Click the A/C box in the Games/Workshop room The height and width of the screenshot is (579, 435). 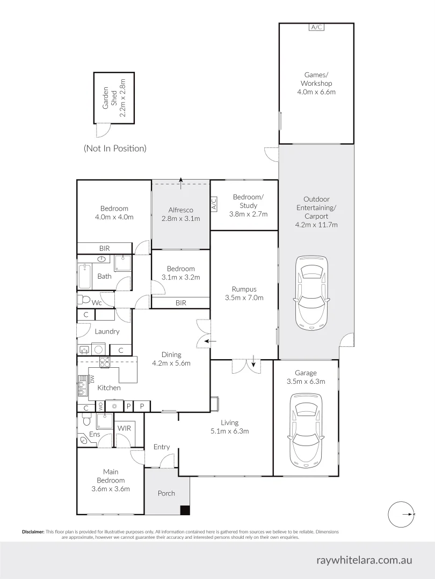coord(316,27)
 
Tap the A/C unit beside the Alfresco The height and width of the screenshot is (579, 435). coord(214,204)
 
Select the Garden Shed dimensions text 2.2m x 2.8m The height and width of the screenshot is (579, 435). coord(123,98)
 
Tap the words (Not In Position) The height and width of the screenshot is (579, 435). coord(115,149)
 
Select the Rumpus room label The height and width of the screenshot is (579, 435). coord(244,289)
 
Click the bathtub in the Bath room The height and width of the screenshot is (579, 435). coord(85,276)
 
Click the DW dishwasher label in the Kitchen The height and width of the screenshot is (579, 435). coord(92,379)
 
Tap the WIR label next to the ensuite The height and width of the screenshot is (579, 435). coord(124,428)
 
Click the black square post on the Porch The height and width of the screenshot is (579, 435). coord(185,510)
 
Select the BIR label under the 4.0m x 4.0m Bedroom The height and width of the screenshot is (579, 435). coord(105,249)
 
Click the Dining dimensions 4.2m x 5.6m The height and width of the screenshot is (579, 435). coord(171,363)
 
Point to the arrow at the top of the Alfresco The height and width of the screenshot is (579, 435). coord(181,183)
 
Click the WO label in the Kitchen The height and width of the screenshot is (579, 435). coord(100,406)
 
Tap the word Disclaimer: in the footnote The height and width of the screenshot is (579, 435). coord(33,532)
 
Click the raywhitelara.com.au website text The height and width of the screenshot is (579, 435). coord(364,560)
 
